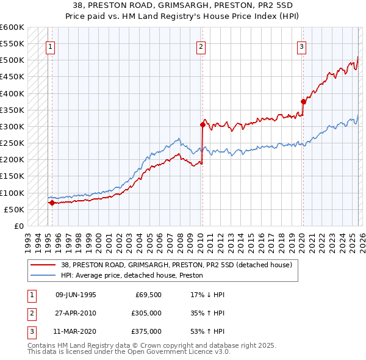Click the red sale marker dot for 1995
[52, 203]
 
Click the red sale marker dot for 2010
[202, 124]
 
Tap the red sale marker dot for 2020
[303, 101]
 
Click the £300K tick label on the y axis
[12, 127]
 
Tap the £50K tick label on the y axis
[15, 209]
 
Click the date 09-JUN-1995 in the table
[76, 295]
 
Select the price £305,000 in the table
[147, 313]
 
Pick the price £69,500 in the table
[149, 295]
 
